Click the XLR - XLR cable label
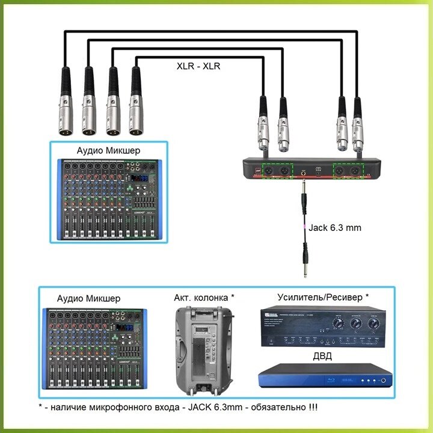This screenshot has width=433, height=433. click(198, 66)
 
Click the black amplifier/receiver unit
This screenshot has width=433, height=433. click(322, 328)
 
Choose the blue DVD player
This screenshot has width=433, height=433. click(322, 376)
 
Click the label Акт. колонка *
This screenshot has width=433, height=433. click(204, 298)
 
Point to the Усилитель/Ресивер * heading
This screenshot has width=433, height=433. click(322, 297)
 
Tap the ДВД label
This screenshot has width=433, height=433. click(322, 357)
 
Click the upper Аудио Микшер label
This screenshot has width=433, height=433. click(108, 150)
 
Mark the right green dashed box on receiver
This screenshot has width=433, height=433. click(348, 171)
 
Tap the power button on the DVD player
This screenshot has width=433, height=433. click(383, 380)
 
